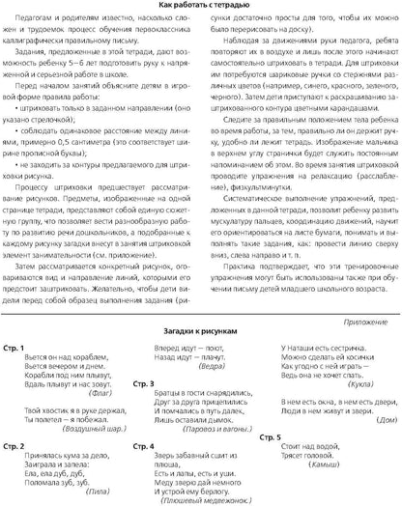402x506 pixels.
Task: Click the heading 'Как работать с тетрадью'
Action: click(201, 7)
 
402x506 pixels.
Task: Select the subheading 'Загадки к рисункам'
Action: click(201, 332)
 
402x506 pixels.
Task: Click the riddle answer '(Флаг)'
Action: click(101, 396)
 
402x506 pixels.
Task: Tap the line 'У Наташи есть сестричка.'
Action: click(311, 346)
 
